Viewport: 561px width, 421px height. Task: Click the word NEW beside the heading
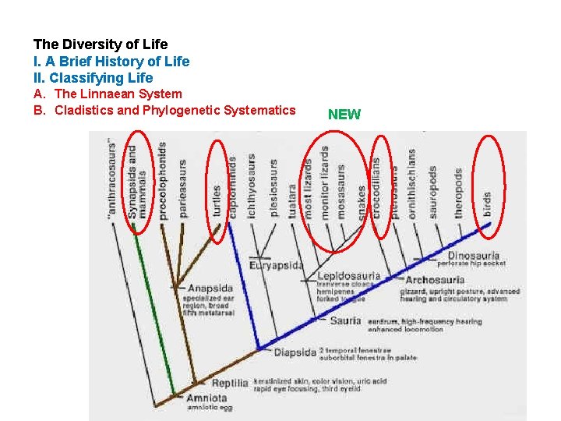[344, 115]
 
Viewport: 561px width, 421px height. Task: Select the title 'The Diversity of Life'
[101, 44]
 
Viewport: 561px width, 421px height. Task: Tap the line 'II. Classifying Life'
[93, 78]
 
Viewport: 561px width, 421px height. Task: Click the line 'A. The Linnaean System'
[108, 94]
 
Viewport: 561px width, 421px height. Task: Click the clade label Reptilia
[230, 383]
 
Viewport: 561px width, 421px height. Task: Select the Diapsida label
[295, 352]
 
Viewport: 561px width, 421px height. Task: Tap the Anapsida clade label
[210, 288]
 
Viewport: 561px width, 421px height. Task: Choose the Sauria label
[345, 320]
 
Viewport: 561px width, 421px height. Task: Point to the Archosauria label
[436, 279]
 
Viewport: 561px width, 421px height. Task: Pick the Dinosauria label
[473, 256]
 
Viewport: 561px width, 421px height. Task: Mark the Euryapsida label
[276, 265]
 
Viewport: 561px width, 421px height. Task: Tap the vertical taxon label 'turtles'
[217, 201]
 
